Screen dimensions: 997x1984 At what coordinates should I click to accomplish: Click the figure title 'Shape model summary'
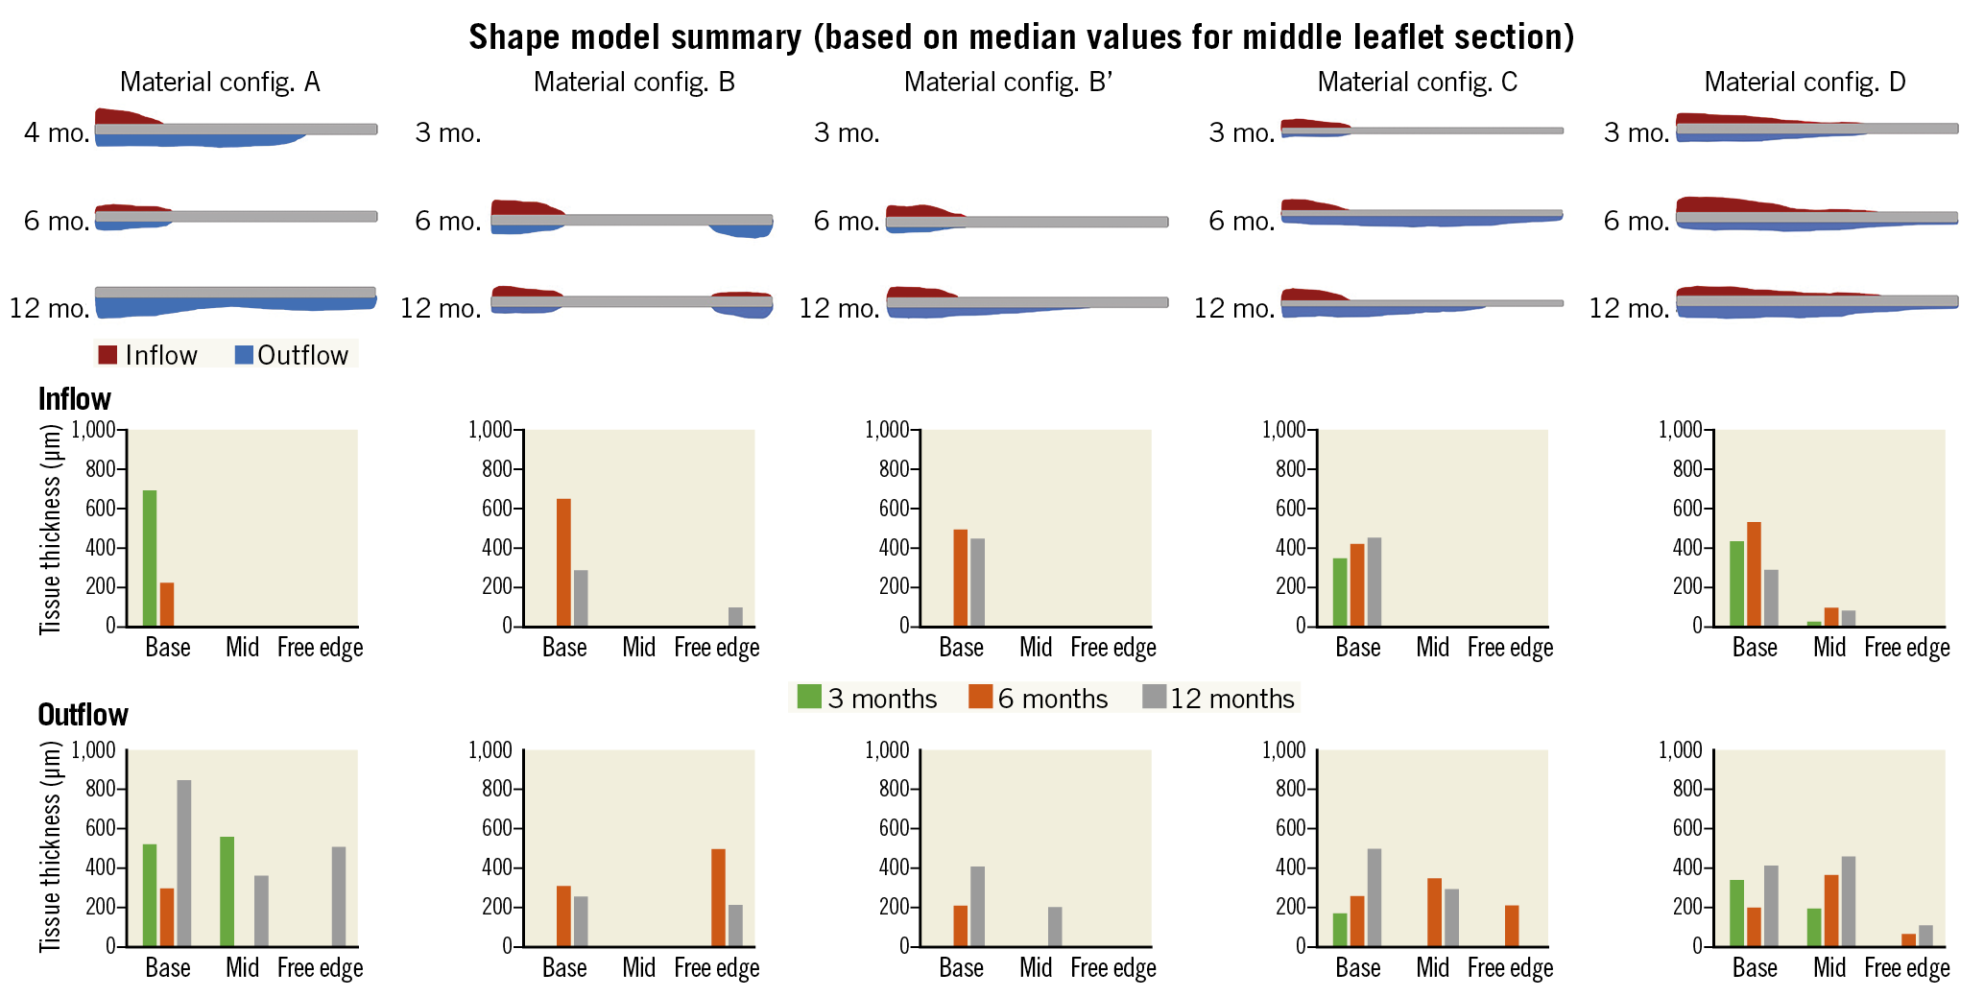click(x=1020, y=37)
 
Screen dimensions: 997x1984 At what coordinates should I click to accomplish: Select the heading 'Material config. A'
click(x=220, y=83)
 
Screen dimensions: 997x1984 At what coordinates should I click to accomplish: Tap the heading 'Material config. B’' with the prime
click(x=1008, y=83)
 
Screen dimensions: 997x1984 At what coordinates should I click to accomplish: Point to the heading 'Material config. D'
click(x=1805, y=83)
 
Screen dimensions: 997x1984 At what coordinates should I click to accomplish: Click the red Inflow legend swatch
click(x=108, y=355)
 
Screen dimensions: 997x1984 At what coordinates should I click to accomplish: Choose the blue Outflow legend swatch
click(x=244, y=355)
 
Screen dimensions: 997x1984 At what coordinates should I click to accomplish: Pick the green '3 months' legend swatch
click(x=809, y=697)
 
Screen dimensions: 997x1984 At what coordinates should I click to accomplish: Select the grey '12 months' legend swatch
click(x=1154, y=697)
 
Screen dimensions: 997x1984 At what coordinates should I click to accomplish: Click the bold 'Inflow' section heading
click(x=74, y=399)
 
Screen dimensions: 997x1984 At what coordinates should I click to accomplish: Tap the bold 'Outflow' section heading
click(x=83, y=715)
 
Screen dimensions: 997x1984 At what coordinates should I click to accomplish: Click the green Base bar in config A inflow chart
click(x=150, y=558)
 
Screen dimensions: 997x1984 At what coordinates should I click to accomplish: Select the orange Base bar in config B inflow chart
click(x=563, y=562)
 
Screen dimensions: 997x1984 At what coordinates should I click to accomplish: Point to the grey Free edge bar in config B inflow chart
click(x=735, y=617)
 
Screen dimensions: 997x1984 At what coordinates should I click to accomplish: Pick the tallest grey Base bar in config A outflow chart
click(x=184, y=863)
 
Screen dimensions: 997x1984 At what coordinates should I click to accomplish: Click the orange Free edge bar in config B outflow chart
click(x=718, y=897)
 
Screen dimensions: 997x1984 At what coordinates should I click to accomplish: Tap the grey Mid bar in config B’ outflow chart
click(x=1055, y=926)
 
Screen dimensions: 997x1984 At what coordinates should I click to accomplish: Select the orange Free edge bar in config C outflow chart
click(x=1512, y=925)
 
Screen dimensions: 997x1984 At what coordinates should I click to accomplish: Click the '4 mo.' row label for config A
click(x=57, y=132)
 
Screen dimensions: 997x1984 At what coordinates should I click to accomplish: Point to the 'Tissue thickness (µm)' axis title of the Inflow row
click(x=50, y=529)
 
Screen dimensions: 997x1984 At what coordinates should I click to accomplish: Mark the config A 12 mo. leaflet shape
click(x=235, y=300)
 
